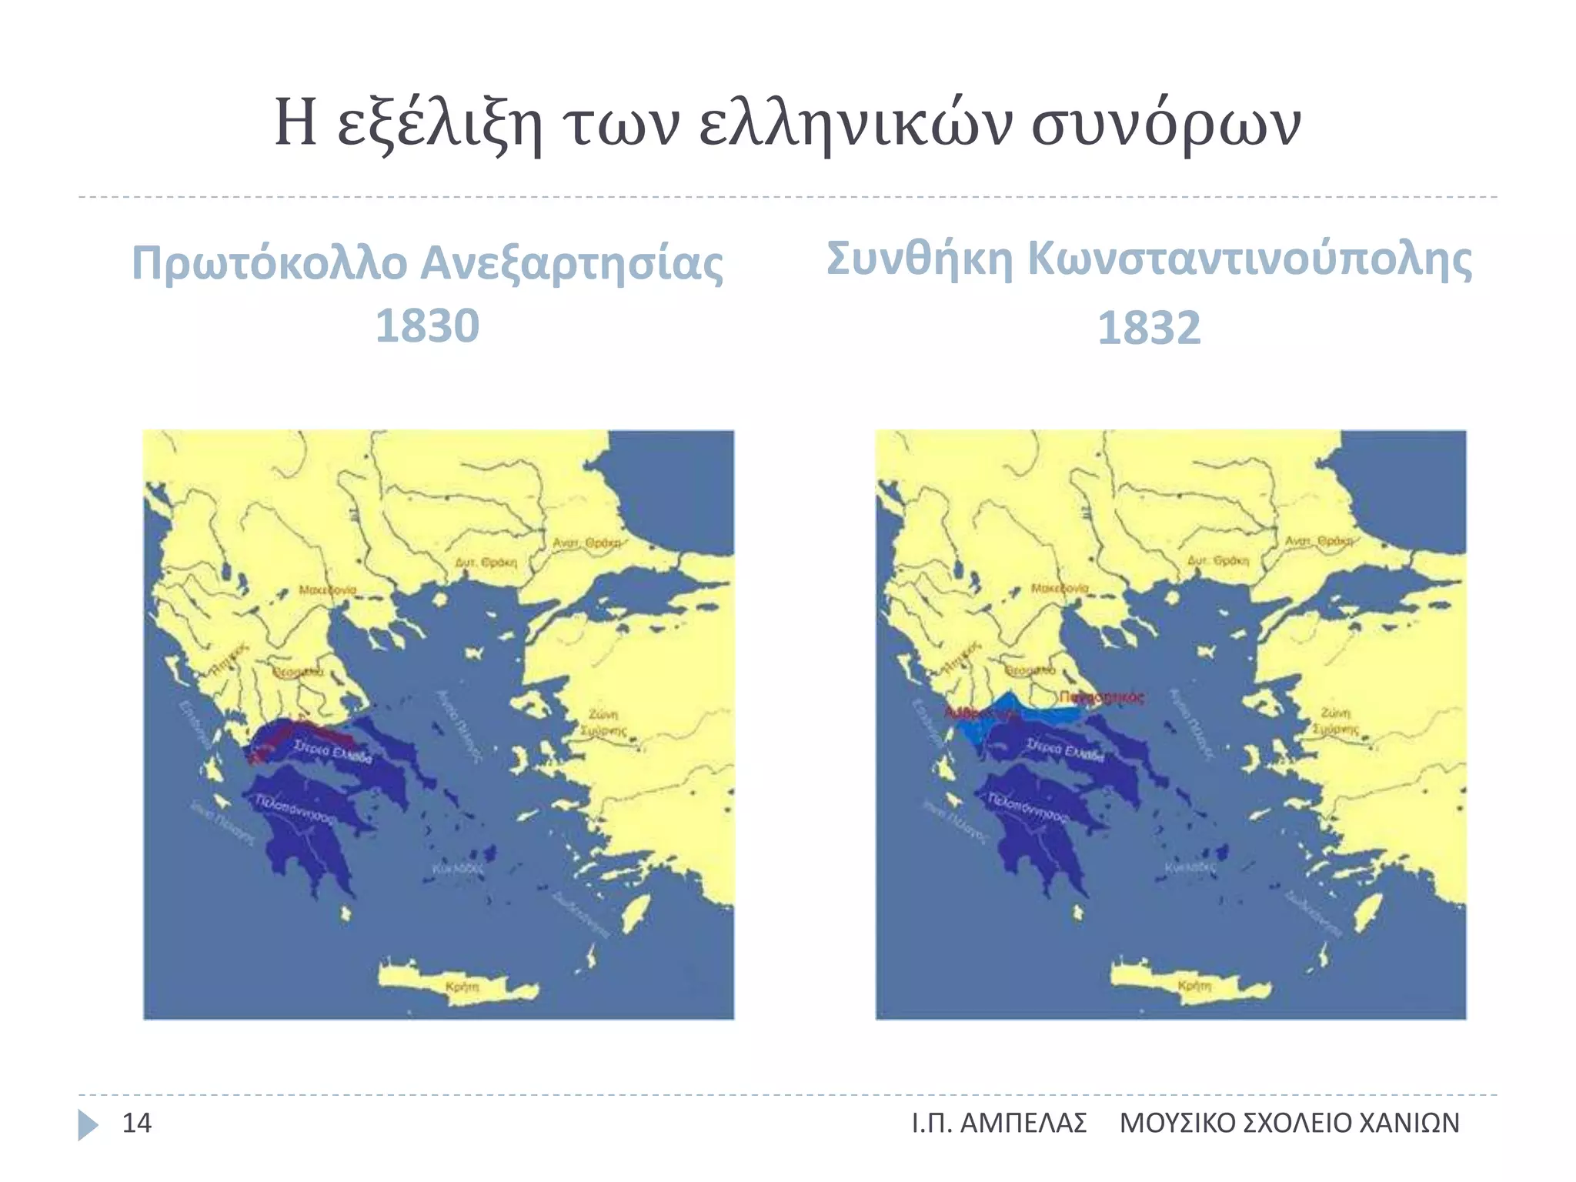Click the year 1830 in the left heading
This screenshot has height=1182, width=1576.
(x=427, y=326)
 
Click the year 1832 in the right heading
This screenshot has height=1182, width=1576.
(x=1148, y=329)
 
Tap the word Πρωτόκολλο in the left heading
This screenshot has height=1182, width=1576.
(x=269, y=264)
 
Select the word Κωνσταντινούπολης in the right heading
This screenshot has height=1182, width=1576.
(x=1250, y=259)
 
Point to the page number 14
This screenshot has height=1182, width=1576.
(x=137, y=1124)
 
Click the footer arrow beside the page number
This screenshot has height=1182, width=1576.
(x=88, y=1124)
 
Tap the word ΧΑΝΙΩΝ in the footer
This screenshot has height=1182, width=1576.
(x=1409, y=1124)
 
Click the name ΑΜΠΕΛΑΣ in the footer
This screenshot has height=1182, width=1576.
(x=1023, y=1124)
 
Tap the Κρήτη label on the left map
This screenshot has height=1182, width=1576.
(x=462, y=986)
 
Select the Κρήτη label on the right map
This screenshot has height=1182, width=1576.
(x=1194, y=986)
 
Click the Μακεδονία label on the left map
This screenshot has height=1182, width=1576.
(x=328, y=590)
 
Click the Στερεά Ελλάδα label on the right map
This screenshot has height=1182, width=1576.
(x=1065, y=750)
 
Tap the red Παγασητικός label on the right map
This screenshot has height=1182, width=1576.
(x=1101, y=697)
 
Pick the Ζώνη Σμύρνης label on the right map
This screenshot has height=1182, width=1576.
(x=1335, y=721)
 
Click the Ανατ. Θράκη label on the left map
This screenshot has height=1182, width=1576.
(x=586, y=543)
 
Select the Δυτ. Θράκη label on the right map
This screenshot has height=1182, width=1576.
(x=1218, y=561)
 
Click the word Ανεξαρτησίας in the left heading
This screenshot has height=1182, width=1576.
(x=571, y=264)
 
